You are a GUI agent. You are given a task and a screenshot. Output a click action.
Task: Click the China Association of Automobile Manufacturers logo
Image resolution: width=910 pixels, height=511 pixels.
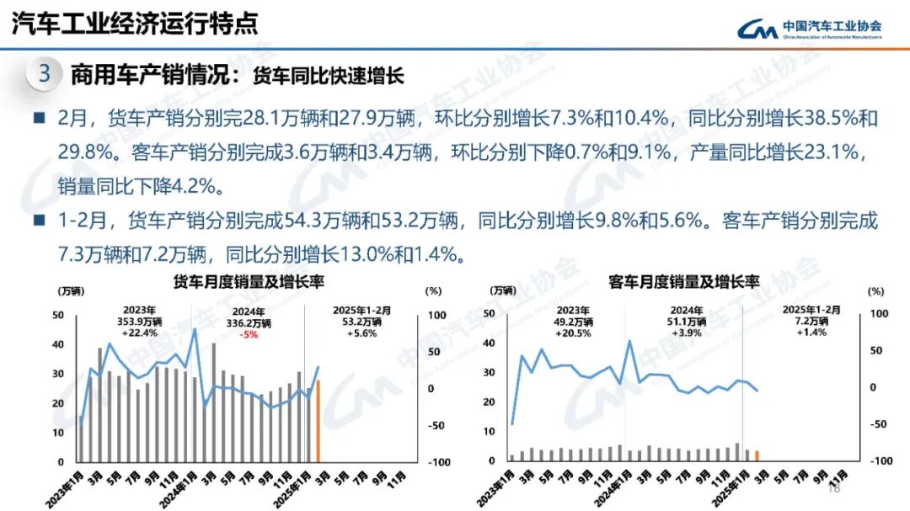[809, 29]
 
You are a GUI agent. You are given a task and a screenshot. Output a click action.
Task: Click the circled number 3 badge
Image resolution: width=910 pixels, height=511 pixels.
[45, 74]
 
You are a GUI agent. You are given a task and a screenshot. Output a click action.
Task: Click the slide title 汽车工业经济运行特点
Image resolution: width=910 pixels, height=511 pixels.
[135, 23]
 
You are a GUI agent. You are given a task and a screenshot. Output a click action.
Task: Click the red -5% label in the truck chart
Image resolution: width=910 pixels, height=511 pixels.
[249, 334]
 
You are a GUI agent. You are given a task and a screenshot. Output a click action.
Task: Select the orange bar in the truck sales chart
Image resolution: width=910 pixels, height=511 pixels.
[318, 421]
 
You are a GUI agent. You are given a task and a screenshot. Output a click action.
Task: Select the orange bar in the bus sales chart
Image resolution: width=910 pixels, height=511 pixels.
[757, 455]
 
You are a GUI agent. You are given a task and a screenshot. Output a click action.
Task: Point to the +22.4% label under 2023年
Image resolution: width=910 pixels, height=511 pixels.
[140, 333]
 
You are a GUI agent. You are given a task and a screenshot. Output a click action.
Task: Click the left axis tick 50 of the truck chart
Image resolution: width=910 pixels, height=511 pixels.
[58, 315]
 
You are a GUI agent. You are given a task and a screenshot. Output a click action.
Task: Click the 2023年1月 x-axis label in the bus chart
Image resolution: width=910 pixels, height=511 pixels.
[499, 486]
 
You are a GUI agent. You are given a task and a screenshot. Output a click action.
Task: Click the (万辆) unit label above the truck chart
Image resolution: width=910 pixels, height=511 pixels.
[71, 291]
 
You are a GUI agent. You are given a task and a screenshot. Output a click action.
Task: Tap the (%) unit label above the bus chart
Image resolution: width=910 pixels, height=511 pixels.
[876, 291]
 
